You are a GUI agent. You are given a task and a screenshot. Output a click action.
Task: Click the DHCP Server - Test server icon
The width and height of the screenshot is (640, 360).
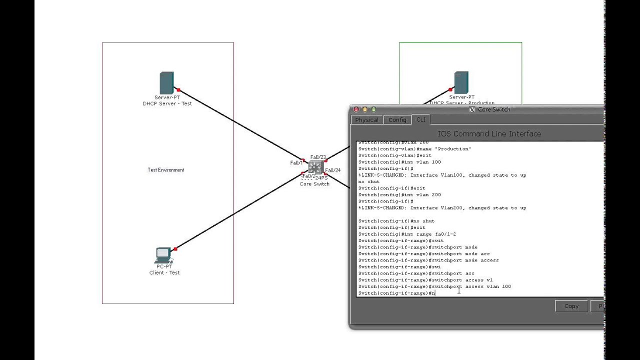[166, 82]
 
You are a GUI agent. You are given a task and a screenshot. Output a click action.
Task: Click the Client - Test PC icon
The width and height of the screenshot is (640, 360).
[163, 255]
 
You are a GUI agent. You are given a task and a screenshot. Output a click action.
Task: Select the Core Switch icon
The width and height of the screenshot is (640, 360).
[315, 167]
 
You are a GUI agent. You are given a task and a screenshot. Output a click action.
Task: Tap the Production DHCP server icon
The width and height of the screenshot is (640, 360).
[461, 82]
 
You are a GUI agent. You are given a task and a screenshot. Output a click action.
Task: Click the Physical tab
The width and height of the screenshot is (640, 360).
[367, 120]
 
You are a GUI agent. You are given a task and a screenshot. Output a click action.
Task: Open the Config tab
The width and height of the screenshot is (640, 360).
[397, 120]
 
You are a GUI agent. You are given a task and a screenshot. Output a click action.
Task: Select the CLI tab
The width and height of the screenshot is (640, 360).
[421, 119]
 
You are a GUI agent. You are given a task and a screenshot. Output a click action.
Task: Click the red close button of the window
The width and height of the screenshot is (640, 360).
[356, 109]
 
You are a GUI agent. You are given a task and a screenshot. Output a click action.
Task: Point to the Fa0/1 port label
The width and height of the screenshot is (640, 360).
[296, 163]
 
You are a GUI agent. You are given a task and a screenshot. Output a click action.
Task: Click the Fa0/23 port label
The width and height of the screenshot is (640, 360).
[318, 157]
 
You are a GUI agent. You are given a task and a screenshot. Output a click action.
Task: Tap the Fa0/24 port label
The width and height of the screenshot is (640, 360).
[333, 170]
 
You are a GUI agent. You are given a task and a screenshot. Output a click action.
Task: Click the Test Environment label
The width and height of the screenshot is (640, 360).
[166, 170]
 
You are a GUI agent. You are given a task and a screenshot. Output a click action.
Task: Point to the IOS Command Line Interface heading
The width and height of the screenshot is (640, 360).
[489, 133]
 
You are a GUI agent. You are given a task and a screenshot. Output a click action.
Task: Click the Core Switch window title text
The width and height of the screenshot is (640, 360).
[494, 109]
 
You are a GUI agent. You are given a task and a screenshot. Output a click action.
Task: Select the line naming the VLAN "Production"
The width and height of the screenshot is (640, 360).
[414, 149]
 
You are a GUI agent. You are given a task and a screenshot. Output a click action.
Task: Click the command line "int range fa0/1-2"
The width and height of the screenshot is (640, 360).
[407, 234]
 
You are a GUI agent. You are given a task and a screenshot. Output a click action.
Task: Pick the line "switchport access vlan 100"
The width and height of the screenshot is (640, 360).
[434, 286]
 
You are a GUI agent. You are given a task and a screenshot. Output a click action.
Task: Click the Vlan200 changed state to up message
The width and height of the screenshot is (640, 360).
[442, 208]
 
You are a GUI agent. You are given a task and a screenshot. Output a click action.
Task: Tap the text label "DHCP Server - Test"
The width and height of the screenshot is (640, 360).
[167, 103]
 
